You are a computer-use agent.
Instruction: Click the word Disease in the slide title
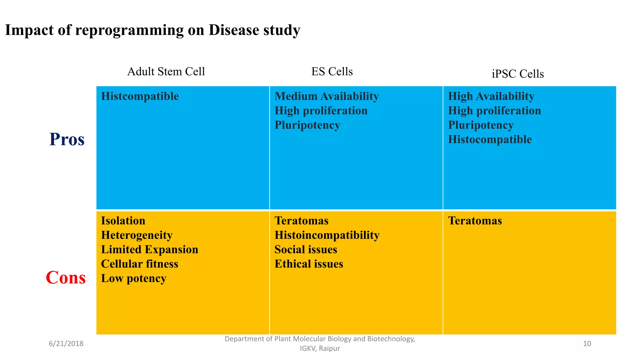pyautogui.click(x=234, y=30)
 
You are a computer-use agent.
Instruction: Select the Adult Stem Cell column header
pyautogui.click(x=166, y=72)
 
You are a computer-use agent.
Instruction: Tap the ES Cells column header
pyautogui.click(x=332, y=72)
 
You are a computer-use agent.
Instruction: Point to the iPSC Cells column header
pyautogui.click(x=517, y=74)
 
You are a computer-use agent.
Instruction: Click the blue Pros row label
pyautogui.click(x=67, y=139)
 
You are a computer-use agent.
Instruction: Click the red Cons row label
pyautogui.click(x=66, y=277)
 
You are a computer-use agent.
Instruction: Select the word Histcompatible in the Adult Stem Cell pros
pyautogui.click(x=140, y=96)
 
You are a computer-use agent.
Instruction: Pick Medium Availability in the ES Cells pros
pyautogui.click(x=327, y=96)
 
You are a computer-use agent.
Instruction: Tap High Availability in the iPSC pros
pyautogui.click(x=491, y=96)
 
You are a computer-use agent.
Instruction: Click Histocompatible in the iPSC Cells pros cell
pyautogui.click(x=490, y=139)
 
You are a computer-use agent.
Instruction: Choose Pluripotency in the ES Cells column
pyautogui.click(x=307, y=125)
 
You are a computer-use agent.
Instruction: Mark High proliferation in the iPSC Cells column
pyautogui.click(x=494, y=111)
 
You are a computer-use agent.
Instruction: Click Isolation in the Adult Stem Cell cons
pyautogui.click(x=123, y=221)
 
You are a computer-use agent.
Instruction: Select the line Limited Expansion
pyautogui.click(x=149, y=249)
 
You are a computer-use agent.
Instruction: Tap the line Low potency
pyautogui.click(x=133, y=278)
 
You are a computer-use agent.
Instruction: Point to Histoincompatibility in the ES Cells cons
pyautogui.click(x=327, y=235)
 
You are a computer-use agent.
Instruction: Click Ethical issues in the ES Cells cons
pyautogui.click(x=309, y=264)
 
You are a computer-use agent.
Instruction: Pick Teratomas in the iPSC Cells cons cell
pyautogui.click(x=475, y=221)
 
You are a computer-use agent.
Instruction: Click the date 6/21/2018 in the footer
pyautogui.click(x=66, y=344)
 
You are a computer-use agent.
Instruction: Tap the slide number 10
pyautogui.click(x=587, y=344)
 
